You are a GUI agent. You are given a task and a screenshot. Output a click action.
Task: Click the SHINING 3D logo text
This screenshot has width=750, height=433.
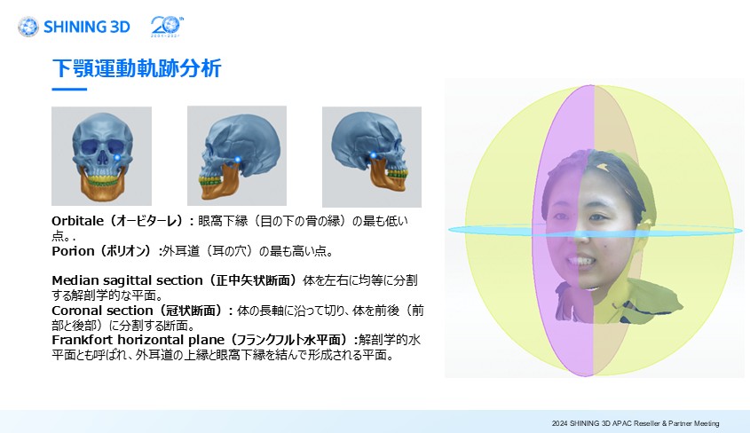pyautogui.click(x=87, y=27)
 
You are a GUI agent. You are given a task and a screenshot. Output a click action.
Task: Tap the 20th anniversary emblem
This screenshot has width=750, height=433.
pyautogui.click(x=167, y=27)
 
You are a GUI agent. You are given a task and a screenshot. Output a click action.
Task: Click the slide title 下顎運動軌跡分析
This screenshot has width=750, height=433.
pyautogui.click(x=137, y=68)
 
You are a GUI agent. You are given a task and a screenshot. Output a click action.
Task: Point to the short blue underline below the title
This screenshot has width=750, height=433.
pyautogui.click(x=69, y=89)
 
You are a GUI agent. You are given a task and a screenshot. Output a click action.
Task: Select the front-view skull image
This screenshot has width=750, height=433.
pyautogui.click(x=101, y=156)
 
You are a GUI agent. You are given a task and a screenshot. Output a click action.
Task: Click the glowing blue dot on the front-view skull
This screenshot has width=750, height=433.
pyautogui.click(x=117, y=158)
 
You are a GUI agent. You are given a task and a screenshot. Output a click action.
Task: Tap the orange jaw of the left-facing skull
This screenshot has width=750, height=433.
pyautogui.click(x=220, y=183)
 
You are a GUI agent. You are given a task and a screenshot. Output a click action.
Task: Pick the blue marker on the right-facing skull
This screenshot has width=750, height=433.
pyautogui.click(x=373, y=155)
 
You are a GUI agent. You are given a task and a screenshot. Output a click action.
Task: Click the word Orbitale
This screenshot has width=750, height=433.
pyautogui.click(x=77, y=221)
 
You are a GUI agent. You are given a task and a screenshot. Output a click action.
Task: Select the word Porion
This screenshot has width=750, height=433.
pyautogui.click(x=73, y=251)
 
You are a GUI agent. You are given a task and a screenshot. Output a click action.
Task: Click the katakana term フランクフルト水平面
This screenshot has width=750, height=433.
pyautogui.click(x=292, y=340)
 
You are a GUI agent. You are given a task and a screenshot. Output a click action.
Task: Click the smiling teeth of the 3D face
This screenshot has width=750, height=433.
pyautogui.click(x=579, y=262)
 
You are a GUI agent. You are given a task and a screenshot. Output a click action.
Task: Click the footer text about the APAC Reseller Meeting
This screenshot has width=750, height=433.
pyautogui.click(x=636, y=423)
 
